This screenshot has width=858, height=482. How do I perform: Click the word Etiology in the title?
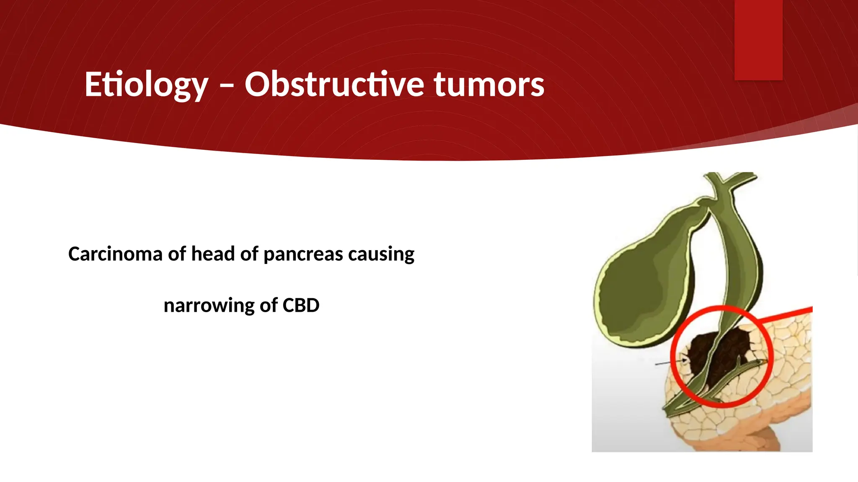click(x=146, y=85)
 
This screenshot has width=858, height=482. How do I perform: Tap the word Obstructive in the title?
click(x=335, y=85)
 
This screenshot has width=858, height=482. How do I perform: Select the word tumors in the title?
click(x=488, y=85)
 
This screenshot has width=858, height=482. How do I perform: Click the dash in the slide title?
click(x=226, y=86)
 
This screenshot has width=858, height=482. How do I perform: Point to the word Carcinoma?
click(x=115, y=254)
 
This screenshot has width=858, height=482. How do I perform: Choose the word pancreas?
click(x=303, y=254)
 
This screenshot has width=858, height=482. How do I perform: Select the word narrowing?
click(x=208, y=305)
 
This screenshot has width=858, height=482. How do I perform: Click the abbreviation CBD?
click(x=300, y=305)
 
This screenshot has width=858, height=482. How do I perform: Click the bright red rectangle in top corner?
click(x=758, y=40)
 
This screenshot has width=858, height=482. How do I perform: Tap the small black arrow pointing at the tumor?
click(x=670, y=362)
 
